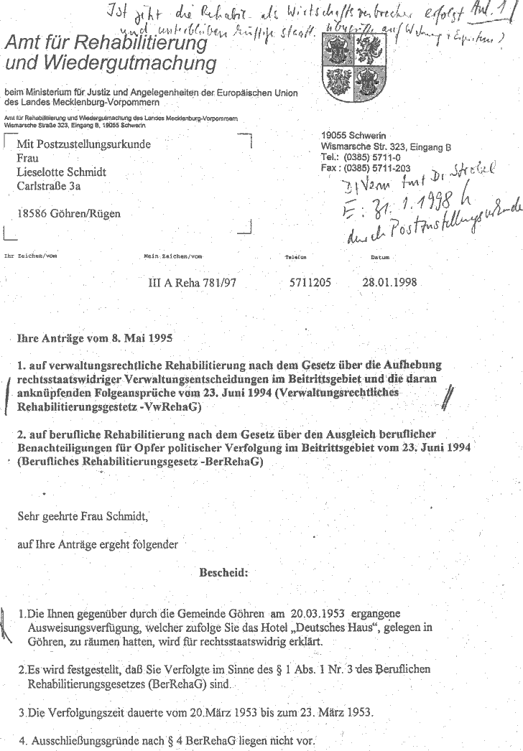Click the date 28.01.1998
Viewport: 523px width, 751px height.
coord(391,282)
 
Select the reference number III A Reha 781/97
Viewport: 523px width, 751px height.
coord(192,283)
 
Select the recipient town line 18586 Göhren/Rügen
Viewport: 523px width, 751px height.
coord(68,213)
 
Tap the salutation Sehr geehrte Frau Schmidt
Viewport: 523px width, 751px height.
coord(85,516)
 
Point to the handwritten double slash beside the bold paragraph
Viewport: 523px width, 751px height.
coord(450,394)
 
